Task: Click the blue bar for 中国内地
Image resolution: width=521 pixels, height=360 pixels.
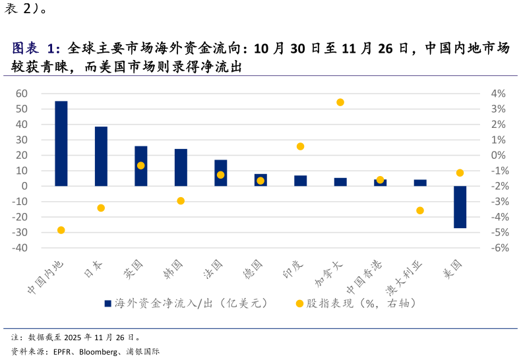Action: click(x=61, y=143)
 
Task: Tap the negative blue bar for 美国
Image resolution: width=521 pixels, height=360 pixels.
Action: click(x=460, y=207)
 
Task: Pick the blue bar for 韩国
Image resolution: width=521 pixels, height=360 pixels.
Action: click(x=181, y=167)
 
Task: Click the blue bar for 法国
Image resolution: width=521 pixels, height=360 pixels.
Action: click(x=220, y=173)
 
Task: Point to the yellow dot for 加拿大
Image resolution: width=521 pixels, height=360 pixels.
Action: click(x=340, y=102)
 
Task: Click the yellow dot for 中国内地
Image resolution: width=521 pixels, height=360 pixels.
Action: click(x=61, y=230)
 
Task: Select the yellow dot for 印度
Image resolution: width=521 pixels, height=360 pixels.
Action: click(x=300, y=146)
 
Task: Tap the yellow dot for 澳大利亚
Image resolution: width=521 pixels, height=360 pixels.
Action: click(x=420, y=210)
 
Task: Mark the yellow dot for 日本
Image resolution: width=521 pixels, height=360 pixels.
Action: click(x=101, y=208)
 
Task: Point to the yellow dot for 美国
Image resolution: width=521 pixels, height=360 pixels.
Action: click(x=460, y=173)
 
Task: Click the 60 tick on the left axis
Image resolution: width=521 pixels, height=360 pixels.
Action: click(x=22, y=94)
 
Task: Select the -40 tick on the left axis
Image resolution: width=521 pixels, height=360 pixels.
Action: click(x=20, y=248)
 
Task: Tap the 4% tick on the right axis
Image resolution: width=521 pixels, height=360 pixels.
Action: click(x=499, y=94)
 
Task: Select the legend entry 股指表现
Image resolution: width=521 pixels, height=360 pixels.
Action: click(x=356, y=303)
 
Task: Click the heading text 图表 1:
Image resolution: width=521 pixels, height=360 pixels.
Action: click(x=36, y=49)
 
